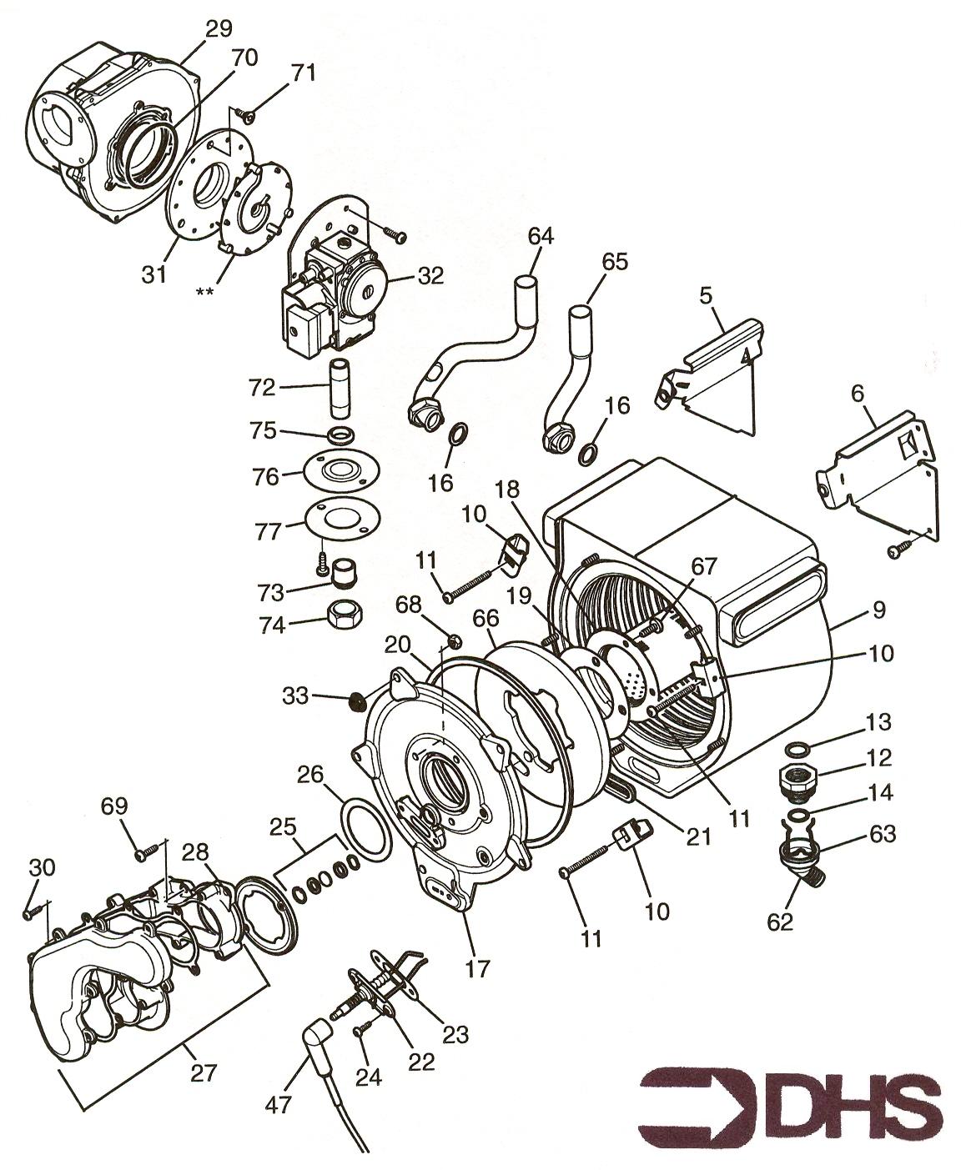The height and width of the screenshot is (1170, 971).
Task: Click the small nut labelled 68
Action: point(455,639)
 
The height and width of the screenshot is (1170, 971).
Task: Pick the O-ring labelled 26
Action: point(365,828)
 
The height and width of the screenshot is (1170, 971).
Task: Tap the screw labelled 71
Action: point(245,115)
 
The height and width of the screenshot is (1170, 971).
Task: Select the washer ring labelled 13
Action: point(796,750)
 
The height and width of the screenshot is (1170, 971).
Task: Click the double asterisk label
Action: point(204,293)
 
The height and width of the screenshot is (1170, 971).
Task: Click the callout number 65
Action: point(615,262)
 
